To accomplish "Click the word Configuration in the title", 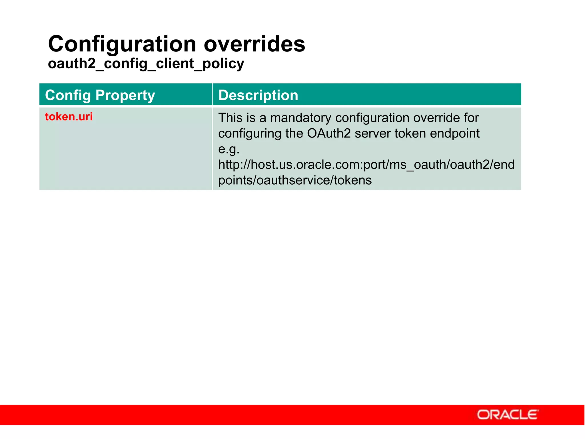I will pos(122,44).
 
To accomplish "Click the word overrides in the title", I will pos(254,44).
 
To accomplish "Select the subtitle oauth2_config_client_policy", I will pos(146,63).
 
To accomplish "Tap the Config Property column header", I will pos(100,95).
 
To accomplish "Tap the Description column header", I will pos(258,95).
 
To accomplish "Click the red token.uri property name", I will pos(69,117).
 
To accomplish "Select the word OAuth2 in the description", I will pos(329,133).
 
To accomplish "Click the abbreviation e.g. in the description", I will pos(229,149).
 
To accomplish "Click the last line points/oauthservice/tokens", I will pos(295,180).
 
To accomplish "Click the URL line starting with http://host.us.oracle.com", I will pos(366,165).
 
